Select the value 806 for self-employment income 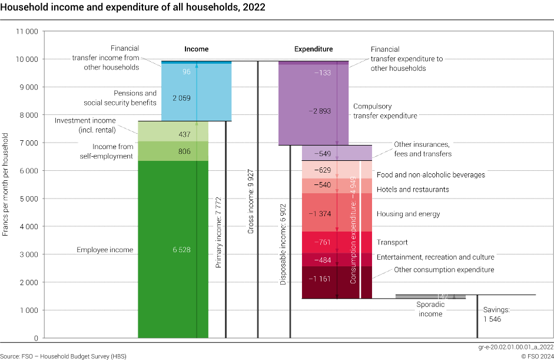tap(184, 151)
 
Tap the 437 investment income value tap(184, 135)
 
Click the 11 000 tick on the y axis tap(25, 31)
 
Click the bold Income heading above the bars tap(196, 49)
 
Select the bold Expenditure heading tap(313, 49)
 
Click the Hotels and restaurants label tap(413, 190)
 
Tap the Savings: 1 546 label tap(496, 314)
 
